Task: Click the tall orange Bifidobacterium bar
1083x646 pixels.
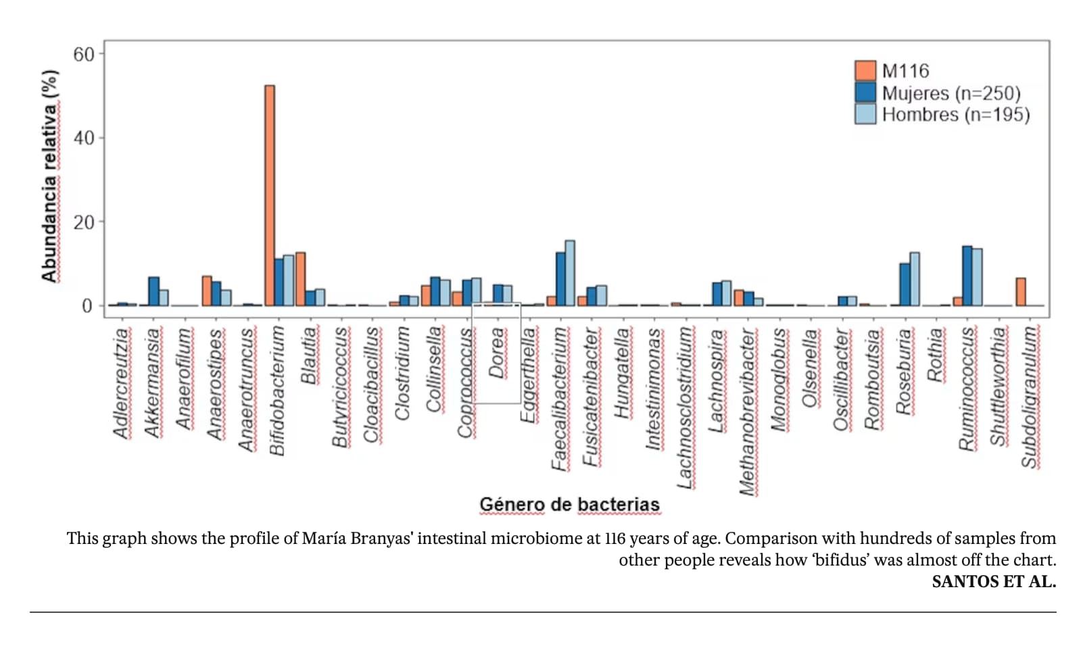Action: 270,195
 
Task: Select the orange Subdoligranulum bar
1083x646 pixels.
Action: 1020,292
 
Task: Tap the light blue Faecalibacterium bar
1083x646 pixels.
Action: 570,273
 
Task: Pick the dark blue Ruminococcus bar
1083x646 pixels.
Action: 967,276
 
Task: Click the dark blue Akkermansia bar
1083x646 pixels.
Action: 154,291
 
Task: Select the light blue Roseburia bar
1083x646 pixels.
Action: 914,279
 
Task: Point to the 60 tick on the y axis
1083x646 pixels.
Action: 84,54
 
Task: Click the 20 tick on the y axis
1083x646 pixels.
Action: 84,222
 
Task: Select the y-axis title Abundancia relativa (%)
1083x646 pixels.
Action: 49,176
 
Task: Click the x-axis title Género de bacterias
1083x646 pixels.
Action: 569,504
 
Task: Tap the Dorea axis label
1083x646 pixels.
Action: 497,353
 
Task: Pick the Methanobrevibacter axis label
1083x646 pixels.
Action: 747,412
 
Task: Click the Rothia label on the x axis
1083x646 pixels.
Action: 935,355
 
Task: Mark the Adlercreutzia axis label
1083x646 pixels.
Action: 120,383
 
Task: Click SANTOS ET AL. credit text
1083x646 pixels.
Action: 993,582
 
